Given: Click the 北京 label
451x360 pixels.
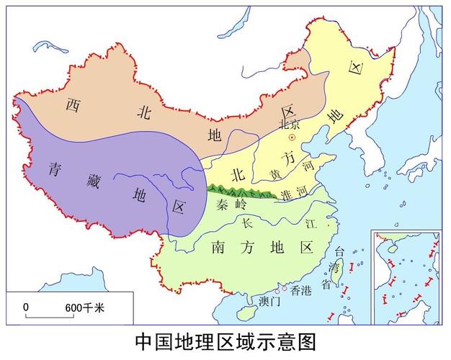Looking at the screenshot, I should click(x=289, y=123).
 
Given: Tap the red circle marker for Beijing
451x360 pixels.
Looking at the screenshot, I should click(x=292, y=136).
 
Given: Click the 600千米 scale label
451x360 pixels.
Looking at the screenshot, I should click(x=85, y=307).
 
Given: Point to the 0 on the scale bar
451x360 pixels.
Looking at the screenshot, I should click(x=26, y=307).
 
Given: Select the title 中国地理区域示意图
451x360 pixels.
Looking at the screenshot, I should click(x=225, y=341).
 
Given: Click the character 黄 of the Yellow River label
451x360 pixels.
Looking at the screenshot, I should click(x=275, y=176).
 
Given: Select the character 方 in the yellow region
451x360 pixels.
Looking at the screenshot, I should click(x=287, y=156).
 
